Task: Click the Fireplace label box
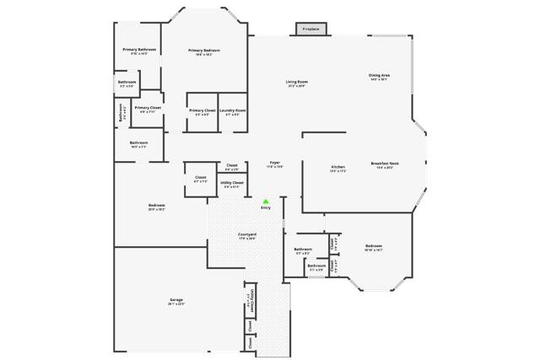point(310,30)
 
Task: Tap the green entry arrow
point(266,201)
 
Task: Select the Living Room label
point(296,83)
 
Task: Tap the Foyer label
point(275,164)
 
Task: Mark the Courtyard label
point(247,236)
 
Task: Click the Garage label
point(176,302)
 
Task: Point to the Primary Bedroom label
point(204,52)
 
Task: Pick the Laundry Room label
point(233,111)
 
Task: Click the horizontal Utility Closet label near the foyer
point(232,184)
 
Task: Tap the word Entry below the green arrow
point(266,208)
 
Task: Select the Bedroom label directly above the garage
point(157,207)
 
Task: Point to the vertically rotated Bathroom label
point(122,113)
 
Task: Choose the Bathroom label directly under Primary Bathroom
point(127,83)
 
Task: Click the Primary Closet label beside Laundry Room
point(202,111)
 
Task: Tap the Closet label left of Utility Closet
point(201,179)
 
